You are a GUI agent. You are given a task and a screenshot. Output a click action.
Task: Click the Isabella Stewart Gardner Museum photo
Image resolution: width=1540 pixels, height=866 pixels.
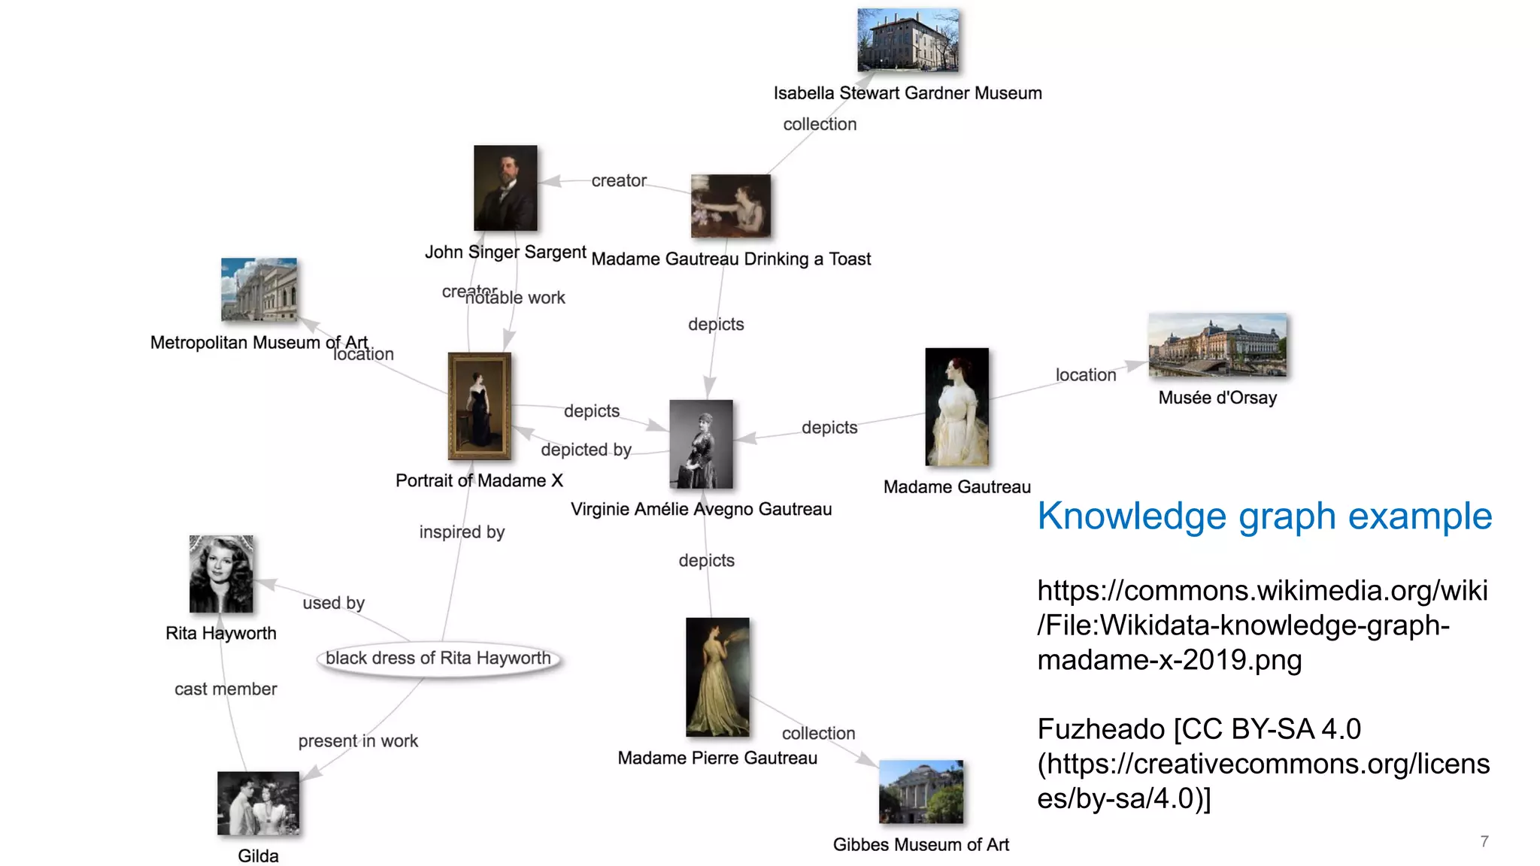pyautogui.click(x=908, y=41)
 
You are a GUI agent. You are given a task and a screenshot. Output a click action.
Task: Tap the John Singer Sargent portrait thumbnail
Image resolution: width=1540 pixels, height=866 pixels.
pyautogui.click(x=505, y=188)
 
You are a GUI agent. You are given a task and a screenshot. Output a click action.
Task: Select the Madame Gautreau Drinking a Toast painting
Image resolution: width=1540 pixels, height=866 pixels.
pyautogui.click(x=731, y=206)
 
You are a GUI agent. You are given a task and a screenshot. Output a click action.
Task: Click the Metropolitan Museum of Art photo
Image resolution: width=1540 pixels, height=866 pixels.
pyautogui.click(x=259, y=290)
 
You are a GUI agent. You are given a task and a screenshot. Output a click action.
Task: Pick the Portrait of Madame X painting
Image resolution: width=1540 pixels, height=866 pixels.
pyautogui.click(x=480, y=406)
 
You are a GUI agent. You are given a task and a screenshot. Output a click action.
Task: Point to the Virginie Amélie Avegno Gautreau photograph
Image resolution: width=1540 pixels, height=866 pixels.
pyautogui.click(x=701, y=444)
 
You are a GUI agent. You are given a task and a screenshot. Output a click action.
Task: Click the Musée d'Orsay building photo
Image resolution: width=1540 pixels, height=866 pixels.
pyautogui.click(x=1217, y=345)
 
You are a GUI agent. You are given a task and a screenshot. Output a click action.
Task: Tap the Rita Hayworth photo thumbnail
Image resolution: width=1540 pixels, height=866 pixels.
pyautogui.click(x=221, y=574)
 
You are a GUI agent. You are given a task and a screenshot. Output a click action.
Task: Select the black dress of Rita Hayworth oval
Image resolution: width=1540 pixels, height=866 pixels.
pyautogui.click(x=438, y=659)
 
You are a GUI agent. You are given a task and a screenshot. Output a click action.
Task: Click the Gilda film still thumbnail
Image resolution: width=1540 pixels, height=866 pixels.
pyautogui.click(x=258, y=804)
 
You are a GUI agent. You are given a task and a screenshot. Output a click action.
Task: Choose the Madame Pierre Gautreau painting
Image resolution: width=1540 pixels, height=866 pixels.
pyautogui.click(x=717, y=677)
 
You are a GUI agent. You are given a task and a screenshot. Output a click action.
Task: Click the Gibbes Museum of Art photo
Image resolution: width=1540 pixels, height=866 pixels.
pyautogui.click(x=920, y=792)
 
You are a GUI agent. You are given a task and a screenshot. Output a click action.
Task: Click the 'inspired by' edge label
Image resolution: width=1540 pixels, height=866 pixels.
pyautogui.click(x=462, y=532)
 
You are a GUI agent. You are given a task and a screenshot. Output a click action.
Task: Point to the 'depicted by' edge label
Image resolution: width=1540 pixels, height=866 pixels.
pyautogui.click(x=586, y=450)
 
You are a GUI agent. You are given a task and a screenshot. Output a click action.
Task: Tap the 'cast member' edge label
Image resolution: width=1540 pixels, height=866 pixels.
pyautogui.click(x=226, y=689)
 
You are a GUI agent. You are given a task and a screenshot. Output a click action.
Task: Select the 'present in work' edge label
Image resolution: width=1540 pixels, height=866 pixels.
pyautogui.click(x=358, y=741)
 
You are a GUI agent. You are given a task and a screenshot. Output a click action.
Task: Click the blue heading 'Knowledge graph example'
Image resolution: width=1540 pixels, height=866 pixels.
pyautogui.click(x=1264, y=516)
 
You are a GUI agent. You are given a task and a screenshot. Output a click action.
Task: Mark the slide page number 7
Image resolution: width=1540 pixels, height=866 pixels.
pyautogui.click(x=1484, y=841)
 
